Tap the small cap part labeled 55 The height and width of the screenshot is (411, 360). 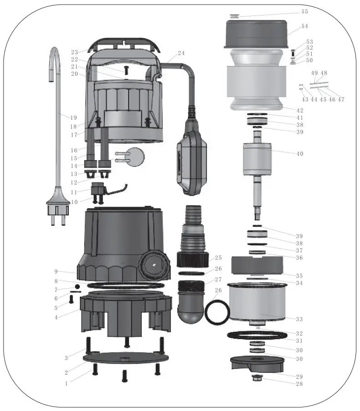tap(234, 16)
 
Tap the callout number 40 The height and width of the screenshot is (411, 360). tap(299, 154)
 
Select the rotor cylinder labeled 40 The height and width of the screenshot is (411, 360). tap(257, 162)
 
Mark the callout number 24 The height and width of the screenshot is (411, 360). tap(181, 53)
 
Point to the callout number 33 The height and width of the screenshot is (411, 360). tap(299, 319)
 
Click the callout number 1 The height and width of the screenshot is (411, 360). tap(67, 383)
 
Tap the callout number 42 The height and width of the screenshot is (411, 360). tap(299, 110)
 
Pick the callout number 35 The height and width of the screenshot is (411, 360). tap(299, 275)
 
